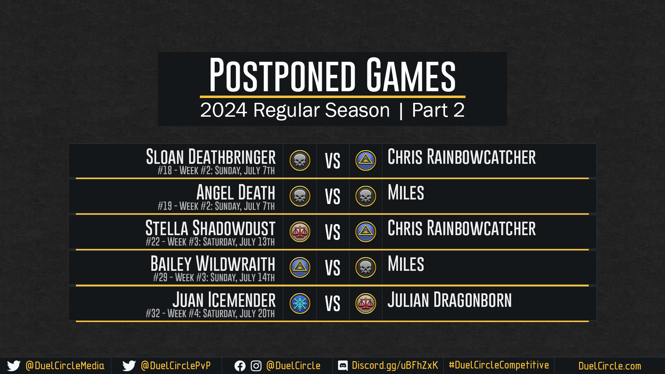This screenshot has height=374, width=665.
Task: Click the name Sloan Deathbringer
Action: [211, 157]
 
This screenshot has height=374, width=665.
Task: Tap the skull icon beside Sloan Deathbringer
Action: [300, 160]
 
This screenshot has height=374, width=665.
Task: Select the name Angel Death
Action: [236, 193]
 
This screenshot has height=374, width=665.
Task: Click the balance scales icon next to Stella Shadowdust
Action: [300, 232]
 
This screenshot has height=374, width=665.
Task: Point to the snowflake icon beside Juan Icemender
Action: [300, 304]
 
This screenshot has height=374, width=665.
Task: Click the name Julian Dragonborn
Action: [450, 300]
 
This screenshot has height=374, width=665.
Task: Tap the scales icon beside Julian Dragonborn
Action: [366, 304]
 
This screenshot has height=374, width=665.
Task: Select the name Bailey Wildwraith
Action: [213, 264]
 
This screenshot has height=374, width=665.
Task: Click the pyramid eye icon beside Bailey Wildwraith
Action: [300, 268]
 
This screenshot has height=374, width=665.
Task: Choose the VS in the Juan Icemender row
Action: [332, 304]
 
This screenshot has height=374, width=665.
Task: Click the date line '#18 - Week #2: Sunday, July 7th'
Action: [216, 171]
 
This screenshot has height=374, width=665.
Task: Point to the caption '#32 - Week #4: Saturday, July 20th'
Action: [210, 314]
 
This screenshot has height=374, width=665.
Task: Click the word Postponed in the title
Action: [282, 75]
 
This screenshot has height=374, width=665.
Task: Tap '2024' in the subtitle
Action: [223, 110]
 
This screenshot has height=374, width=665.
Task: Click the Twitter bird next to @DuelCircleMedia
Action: [14, 366]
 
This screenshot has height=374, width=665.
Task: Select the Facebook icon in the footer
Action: [240, 366]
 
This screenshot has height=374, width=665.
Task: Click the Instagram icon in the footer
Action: [256, 366]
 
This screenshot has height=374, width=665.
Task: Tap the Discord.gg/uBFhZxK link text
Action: [395, 366]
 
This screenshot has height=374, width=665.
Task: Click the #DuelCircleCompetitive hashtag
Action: [499, 365]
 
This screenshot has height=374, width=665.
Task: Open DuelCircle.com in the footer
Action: [610, 366]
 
